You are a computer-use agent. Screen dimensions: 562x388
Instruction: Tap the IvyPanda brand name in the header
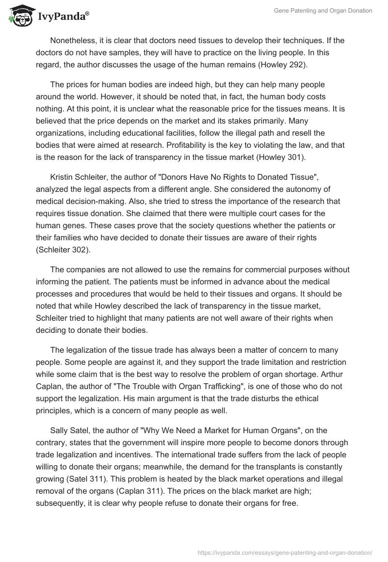point(63,17)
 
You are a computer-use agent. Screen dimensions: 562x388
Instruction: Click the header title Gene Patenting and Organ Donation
point(323,11)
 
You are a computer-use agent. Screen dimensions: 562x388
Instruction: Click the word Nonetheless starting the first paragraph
point(74,40)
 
